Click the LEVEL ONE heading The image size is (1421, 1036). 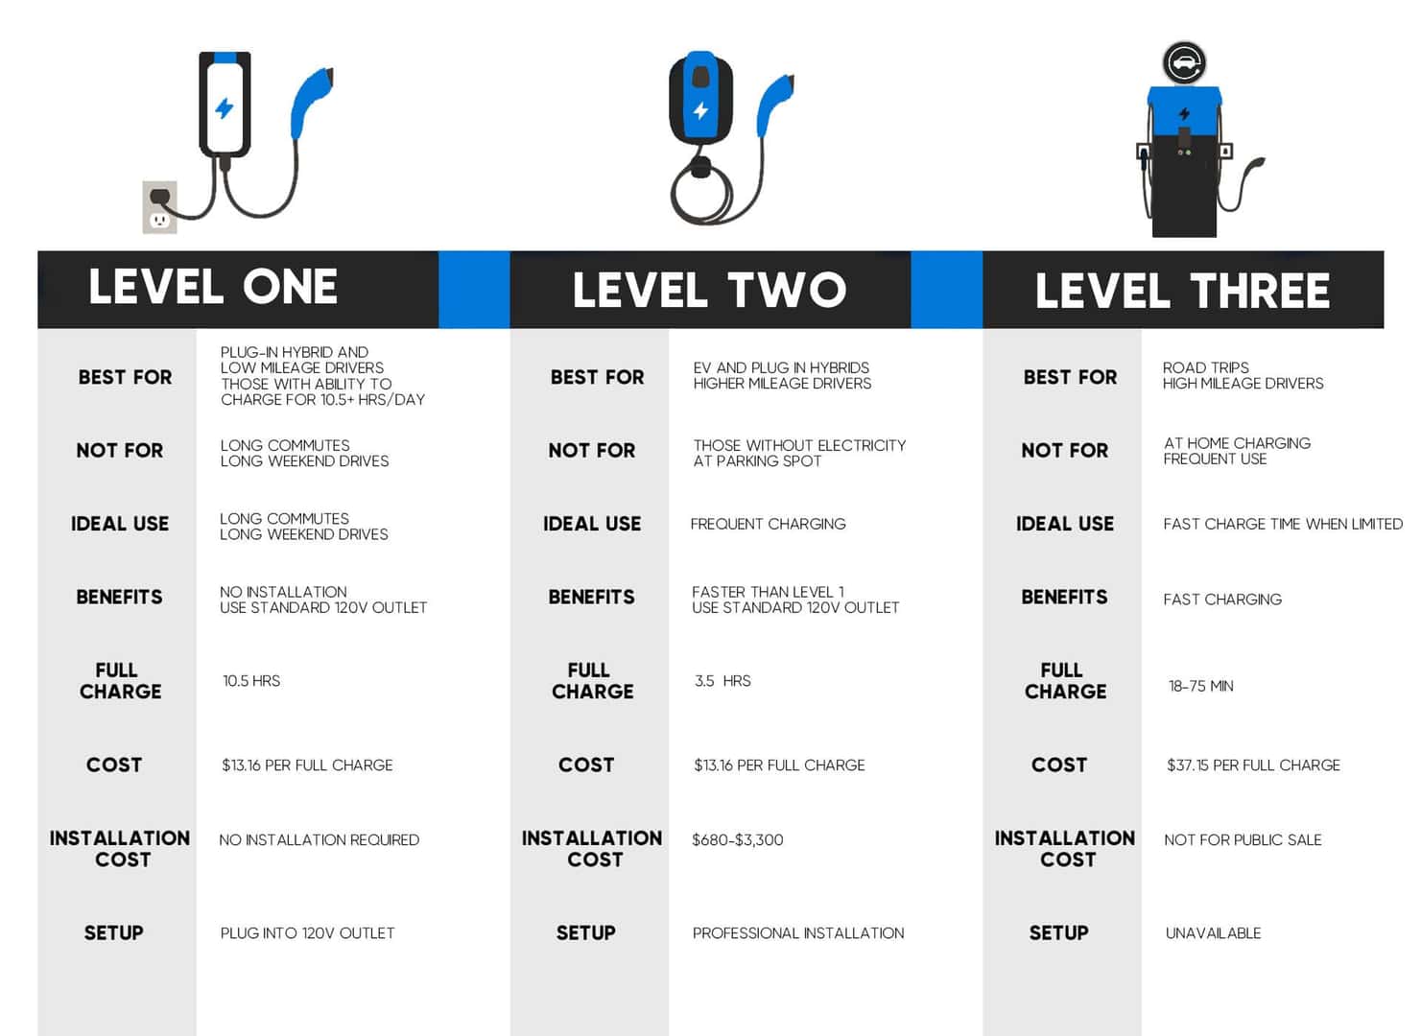[x=213, y=287]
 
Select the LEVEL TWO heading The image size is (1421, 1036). [x=709, y=290]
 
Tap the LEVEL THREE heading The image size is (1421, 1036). [x=1182, y=292]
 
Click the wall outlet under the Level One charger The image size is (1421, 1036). [x=160, y=207]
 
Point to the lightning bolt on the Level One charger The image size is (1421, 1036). [x=224, y=108]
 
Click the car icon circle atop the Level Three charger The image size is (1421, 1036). [x=1184, y=62]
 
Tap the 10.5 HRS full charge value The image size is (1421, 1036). [x=251, y=681]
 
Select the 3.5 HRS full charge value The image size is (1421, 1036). [x=722, y=681]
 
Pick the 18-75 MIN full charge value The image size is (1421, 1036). [x=1201, y=686]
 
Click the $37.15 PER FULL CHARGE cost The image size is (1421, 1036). [x=1253, y=765]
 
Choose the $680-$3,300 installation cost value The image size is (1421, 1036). [x=738, y=840]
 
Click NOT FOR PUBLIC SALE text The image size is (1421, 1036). [x=1243, y=840]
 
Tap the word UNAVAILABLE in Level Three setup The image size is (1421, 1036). [x=1213, y=933]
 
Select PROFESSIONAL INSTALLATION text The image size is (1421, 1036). [x=798, y=933]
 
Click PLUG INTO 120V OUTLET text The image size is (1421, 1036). [x=307, y=933]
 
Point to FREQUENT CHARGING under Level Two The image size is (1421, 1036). [x=769, y=524]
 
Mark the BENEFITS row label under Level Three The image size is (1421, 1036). [x=1064, y=597]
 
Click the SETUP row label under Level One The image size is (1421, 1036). [x=113, y=933]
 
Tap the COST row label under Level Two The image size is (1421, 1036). [x=586, y=765]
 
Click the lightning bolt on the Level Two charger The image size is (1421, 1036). [x=700, y=110]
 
